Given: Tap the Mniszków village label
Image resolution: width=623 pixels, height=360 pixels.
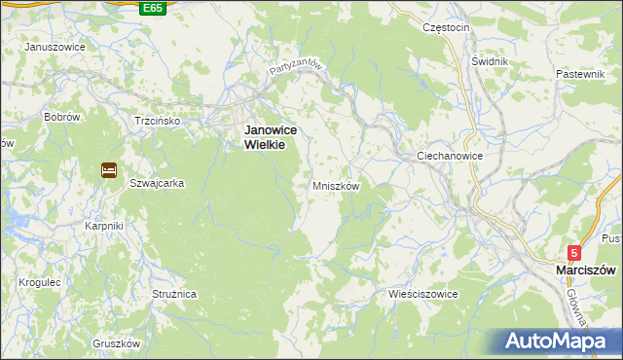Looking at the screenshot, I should pos(336,185).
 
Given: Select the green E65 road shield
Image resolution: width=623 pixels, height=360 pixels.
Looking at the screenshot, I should pos(152,8).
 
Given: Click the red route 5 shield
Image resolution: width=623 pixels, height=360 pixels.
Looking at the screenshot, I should pos(575,252).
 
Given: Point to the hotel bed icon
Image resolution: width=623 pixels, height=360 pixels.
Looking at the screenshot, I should pos(108,171).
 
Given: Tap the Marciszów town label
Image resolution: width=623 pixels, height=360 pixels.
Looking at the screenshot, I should pos(588,270).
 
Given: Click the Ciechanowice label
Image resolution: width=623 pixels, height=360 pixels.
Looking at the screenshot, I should pos(450,156).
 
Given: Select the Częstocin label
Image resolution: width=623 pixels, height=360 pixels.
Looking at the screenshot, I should pos(446,28).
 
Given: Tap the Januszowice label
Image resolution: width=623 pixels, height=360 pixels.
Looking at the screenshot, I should pos(55,47).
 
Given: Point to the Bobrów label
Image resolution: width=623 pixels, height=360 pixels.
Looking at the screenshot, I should pos(61,116).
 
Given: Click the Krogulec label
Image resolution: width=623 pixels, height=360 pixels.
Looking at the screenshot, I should pos(40,282).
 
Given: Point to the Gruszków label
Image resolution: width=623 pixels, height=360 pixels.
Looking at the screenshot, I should pos(117,343).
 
